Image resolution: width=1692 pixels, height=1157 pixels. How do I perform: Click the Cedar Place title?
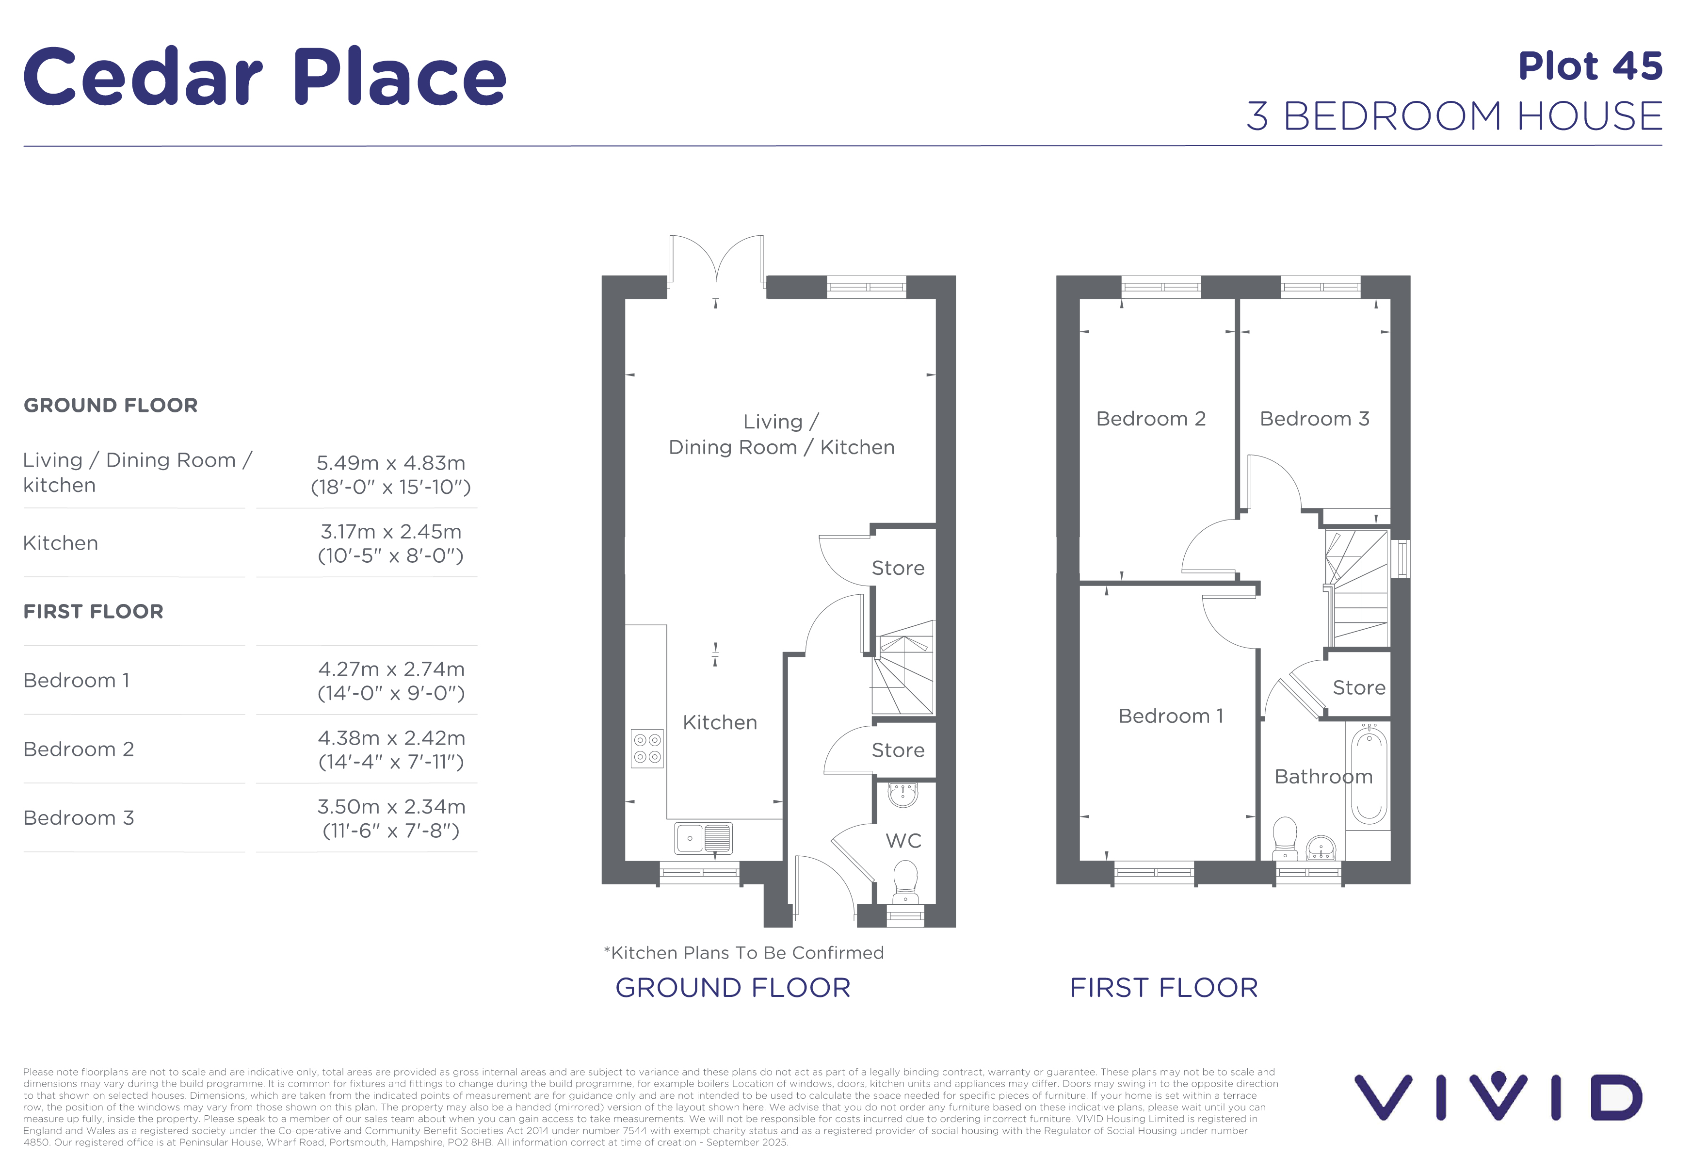click(x=265, y=77)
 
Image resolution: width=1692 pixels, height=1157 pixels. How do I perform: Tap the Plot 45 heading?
click(x=1590, y=66)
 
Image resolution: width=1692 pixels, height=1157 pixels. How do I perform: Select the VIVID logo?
click(x=1499, y=1096)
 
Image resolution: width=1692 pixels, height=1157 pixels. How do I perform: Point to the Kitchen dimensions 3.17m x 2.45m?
click(x=391, y=532)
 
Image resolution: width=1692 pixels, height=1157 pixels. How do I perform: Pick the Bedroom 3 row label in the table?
click(x=79, y=818)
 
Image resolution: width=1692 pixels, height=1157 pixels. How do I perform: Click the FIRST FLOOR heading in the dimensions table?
click(x=93, y=612)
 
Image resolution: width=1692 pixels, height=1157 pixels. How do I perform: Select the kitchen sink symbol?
click(x=703, y=838)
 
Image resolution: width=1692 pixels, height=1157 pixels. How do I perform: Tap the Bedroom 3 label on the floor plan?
click(x=1315, y=419)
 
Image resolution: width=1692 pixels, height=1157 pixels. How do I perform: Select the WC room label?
click(x=903, y=841)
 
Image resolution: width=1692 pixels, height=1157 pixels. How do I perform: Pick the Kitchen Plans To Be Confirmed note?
click(x=743, y=952)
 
